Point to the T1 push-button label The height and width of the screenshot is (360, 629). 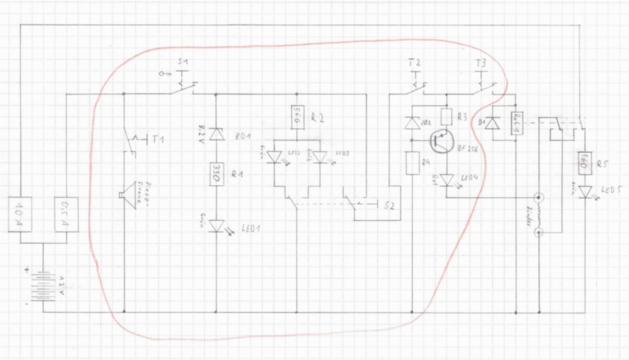[158, 139]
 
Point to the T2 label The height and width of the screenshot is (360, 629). [415, 61]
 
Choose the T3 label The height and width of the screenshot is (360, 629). [482, 61]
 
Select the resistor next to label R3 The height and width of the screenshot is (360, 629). [446, 117]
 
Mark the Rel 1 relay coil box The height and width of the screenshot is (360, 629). [517, 124]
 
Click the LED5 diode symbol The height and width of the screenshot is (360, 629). [584, 192]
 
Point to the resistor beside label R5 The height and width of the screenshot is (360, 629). [584, 163]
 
